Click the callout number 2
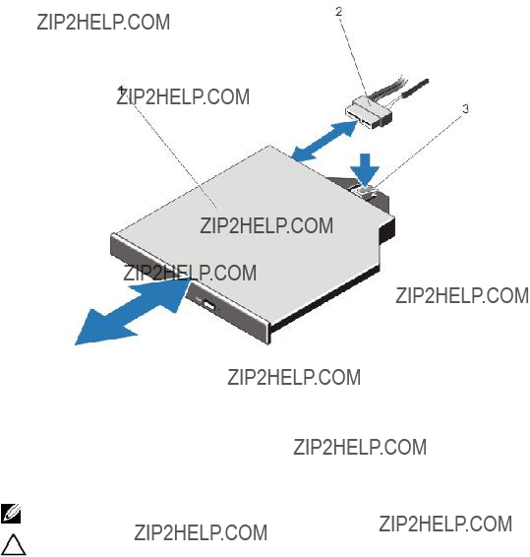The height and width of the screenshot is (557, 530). click(x=338, y=12)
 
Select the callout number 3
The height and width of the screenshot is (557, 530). click(x=466, y=108)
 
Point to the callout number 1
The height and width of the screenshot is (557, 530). click(x=122, y=90)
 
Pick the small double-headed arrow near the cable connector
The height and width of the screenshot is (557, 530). click(x=324, y=142)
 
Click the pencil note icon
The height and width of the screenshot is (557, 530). click(x=10, y=514)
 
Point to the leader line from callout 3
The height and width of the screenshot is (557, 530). click(x=418, y=150)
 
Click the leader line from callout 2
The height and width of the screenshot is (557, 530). click(x=355, y=60)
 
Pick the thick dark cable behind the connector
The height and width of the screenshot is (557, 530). click(x=414, y=89)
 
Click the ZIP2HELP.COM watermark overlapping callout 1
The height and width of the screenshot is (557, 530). click(x=183, y=97)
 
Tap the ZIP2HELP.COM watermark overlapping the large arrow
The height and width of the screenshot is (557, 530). click(x=190, y=273)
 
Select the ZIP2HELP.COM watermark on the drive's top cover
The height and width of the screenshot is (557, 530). click(x=266, y=225)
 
